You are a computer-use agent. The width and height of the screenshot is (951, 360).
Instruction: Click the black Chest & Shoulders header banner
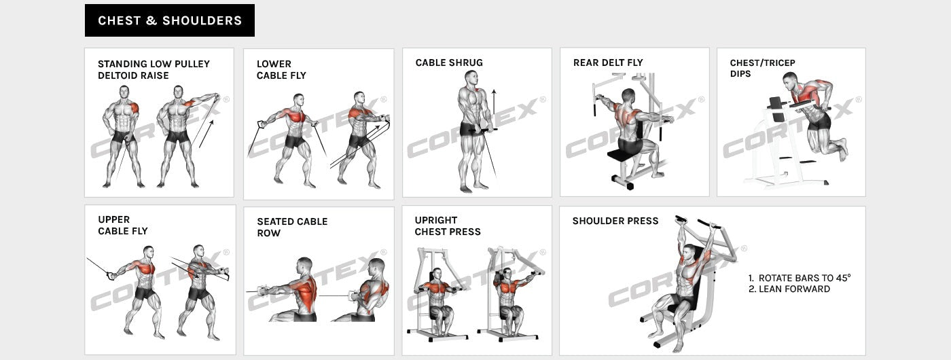pyautogui.click(x=169, y=20)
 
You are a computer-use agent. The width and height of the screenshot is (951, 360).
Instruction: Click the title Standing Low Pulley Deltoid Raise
pyautogui.click(x=154, y=69)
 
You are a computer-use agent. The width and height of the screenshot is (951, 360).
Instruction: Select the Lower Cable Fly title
pyautogui.click(x=281, y=69)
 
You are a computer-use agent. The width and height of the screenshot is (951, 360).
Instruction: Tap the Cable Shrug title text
pyautogui.click(x=449, y=62)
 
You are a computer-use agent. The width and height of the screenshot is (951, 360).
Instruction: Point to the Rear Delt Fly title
pyautogui.click(x=607, y=62)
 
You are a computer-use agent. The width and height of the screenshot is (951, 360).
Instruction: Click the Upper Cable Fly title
pyautogui.click(x=123, y=225)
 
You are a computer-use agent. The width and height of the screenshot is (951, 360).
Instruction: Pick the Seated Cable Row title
pyautogui.click(x=292, y=227)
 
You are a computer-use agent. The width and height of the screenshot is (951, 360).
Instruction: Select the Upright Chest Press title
pyautogui.click(x=448, y=226)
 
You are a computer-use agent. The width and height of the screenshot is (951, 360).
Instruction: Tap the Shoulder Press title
pyautogui.click(x=615, y=221)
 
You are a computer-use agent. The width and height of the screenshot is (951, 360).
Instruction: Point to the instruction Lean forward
pyautogui.click(x=789, y=289)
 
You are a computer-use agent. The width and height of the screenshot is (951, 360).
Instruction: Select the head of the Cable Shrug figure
pyautogui.click(x=470, y=77)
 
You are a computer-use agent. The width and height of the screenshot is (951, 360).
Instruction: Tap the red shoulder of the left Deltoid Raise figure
pyautogui.click(x=134, y=107)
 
